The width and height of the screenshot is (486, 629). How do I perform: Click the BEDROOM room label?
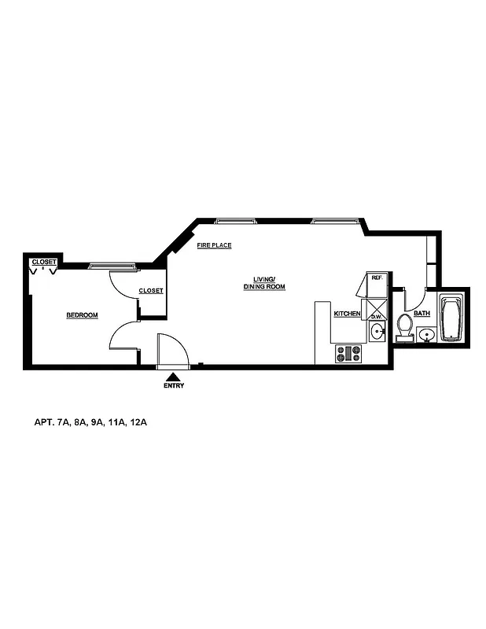coord(82,315)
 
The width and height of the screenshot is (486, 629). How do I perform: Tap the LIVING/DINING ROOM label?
coord(263,283)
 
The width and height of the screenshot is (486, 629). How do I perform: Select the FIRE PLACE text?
coord(214,245)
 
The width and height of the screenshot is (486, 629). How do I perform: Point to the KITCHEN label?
coord(347,314)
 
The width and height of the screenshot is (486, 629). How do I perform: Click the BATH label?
coord(422,314)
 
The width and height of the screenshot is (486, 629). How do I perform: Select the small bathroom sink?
coord(427,336)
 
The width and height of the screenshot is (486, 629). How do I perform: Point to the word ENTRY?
coord(173,386)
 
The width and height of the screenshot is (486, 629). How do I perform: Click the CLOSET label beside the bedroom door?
coord(151,291)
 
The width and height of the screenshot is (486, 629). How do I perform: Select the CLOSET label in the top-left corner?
coord(43,262)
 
